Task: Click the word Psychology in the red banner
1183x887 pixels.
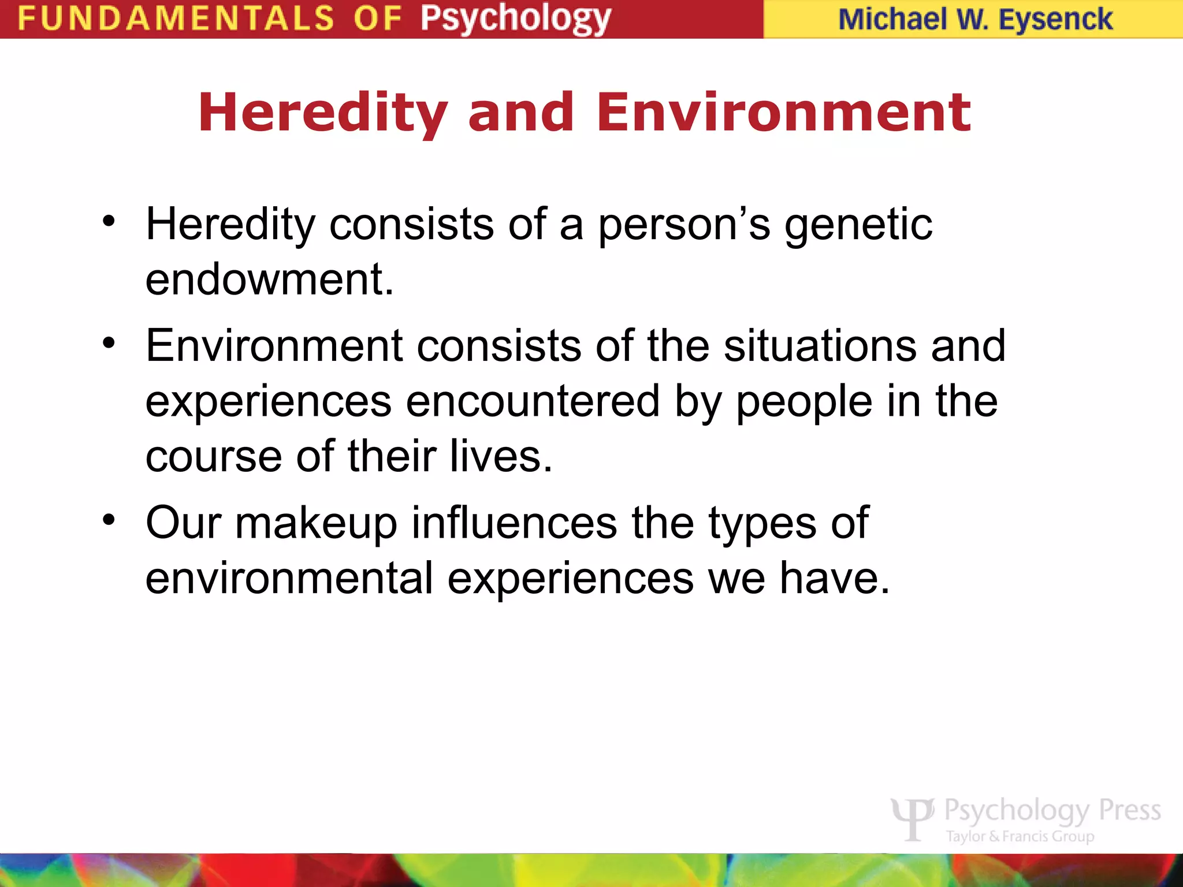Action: click(515, 18)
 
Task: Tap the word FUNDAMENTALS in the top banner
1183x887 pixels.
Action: click(176, 18)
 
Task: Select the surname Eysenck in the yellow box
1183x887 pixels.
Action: click(1055, 20)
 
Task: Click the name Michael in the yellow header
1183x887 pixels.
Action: click(892, 20)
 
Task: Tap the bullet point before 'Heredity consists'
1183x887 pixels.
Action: click(109, 221)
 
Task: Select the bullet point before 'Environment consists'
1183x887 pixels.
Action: click(109, 344)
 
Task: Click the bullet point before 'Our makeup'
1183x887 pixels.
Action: click(109, 520)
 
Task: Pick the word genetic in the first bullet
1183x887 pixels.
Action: click(858, 225)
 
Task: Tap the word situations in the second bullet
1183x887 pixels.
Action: click(820, 346)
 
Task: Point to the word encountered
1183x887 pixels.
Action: click(532, 401)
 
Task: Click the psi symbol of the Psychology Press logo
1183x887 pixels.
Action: click(913, 819)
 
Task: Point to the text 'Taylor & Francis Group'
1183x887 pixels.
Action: click(1020, 836)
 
